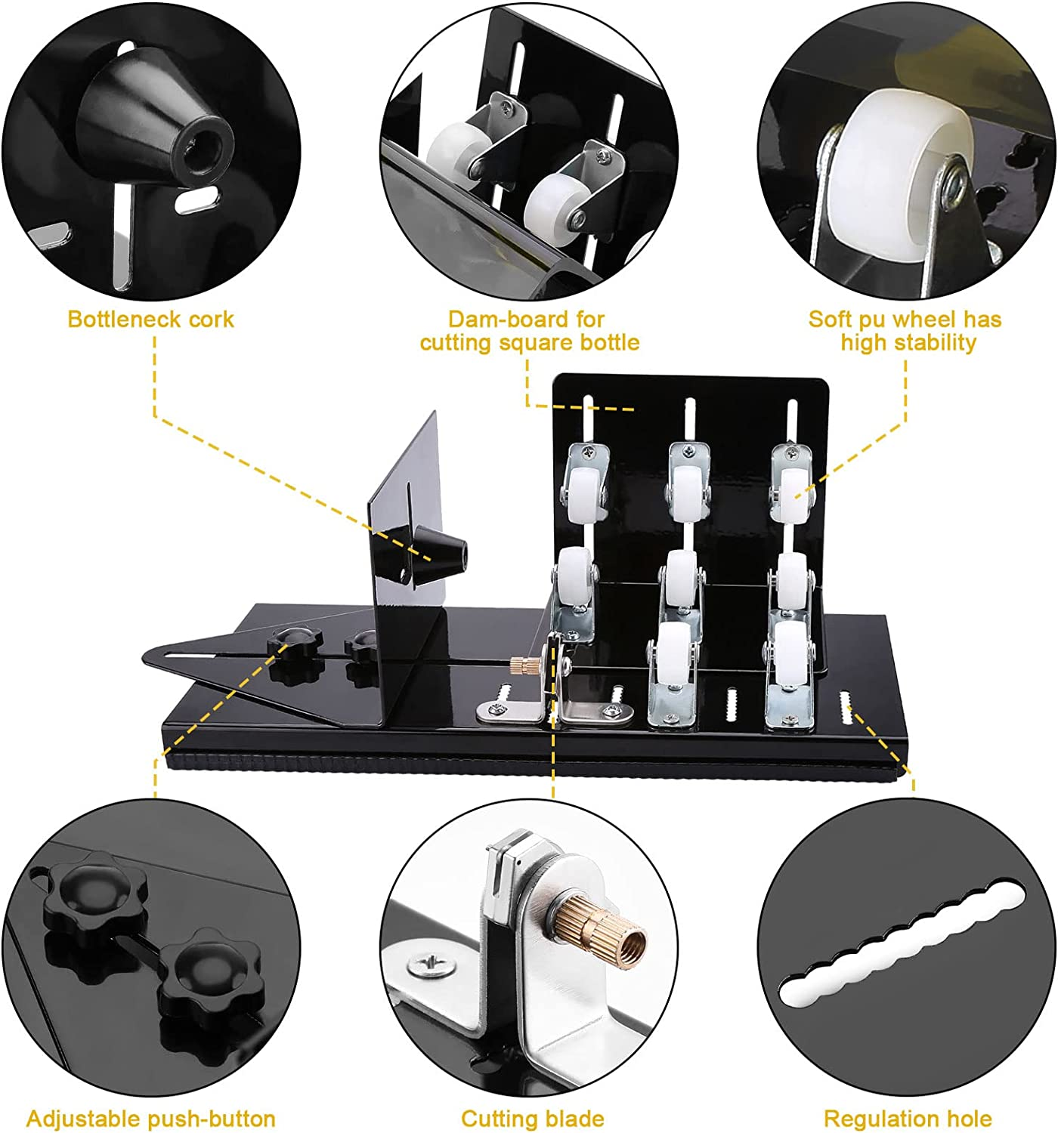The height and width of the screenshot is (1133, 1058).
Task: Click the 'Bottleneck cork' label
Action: point(150,320)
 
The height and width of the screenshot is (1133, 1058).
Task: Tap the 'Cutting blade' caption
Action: point(532,1119)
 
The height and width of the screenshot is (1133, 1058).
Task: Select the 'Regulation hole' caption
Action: point(907,1119)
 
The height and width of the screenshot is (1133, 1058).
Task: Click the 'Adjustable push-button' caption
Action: point(150,1119)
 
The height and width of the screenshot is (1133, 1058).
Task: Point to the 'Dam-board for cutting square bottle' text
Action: point(529,331)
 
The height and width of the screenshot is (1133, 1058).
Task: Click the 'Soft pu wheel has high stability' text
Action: point(905,331)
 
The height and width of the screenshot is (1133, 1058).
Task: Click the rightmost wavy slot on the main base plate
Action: point(845,710)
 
